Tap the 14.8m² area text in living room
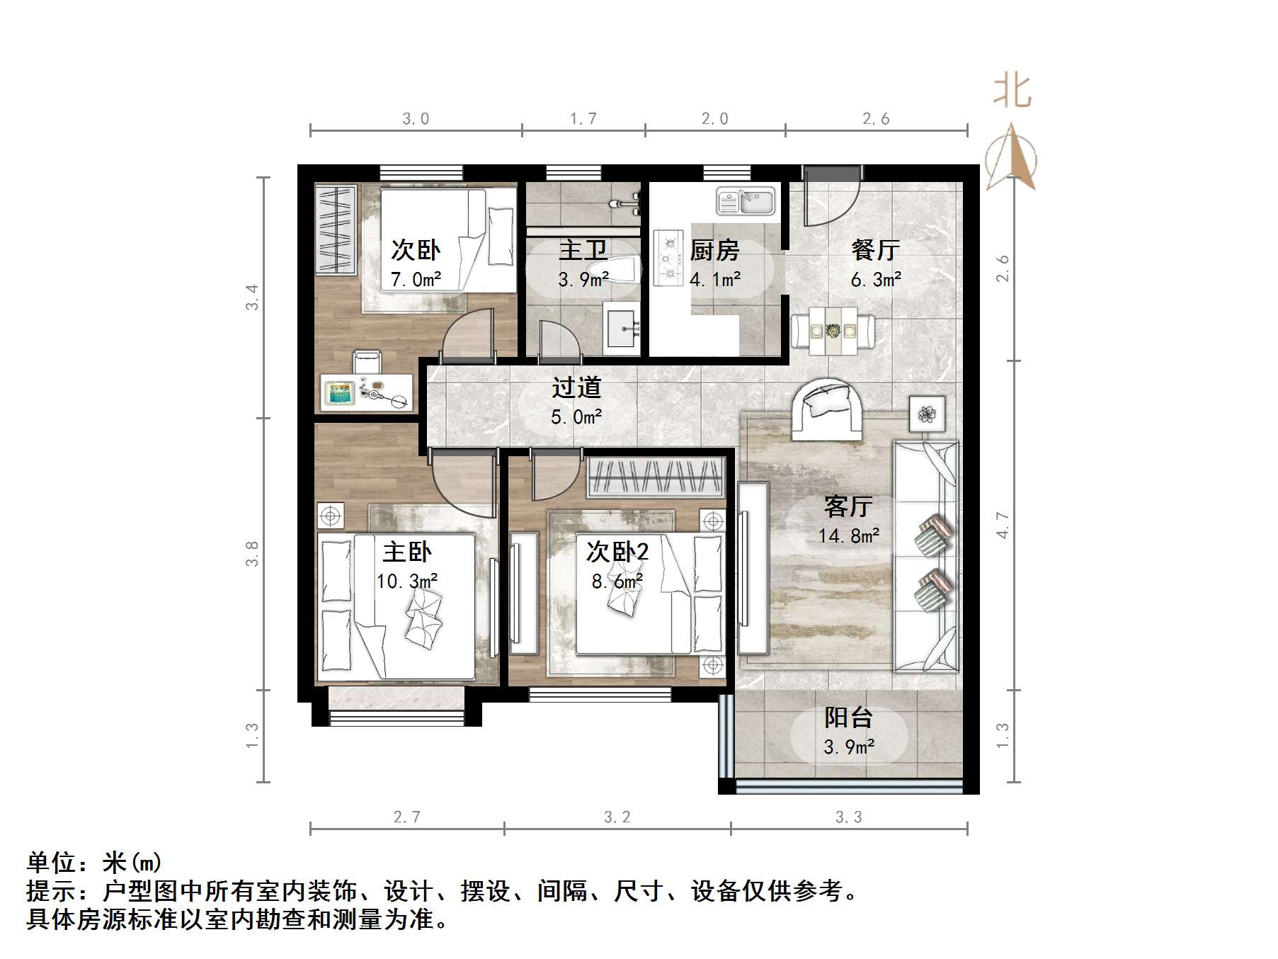(x=848, y=535)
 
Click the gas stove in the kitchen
(x=668, y=257)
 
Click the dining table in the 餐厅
(x=833, y=331)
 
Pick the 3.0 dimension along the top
(x=416, y=119)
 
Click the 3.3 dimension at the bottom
(x=848, y=817)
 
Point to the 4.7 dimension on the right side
(x=1003, y=525)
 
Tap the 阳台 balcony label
(x=848, y=717)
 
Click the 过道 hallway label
(x=576, y=387)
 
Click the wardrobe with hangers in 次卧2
(x=656, y=477)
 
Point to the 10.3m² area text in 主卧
(x=406, y=581)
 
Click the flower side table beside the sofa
(x=927, y=413)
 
